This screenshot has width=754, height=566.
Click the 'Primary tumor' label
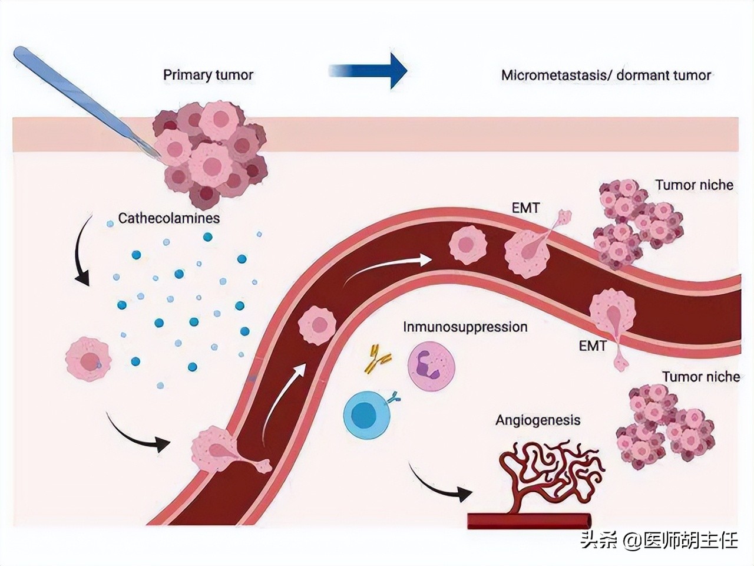pyautogui.click(x=208, y=75)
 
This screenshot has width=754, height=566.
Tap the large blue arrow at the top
pyautogui.click(x=368, y=70)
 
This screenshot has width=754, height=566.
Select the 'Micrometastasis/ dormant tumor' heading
pyautogui.click(x=606, y=75)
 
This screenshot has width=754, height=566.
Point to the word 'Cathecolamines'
pyautogui.click(x=168, y=218)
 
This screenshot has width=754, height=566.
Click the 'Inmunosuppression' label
pyautogui.click(x=465, y=327)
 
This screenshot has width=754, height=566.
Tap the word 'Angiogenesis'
pyautogui.click(x=538, y=420)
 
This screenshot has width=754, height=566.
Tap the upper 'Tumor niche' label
pyautogui.click(x=694, y=185)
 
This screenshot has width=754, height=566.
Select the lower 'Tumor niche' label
pyautogui.click(x=700, y=377)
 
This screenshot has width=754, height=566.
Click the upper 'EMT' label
pyautogui.click(x=526, y=208)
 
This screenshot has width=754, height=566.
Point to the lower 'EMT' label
pyautogui.click(x=592, y=346)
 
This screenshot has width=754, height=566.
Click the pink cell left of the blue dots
pyautogui.click(x=88, y=359)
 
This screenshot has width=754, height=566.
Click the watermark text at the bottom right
pyautogui.click(x=658, y=540)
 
